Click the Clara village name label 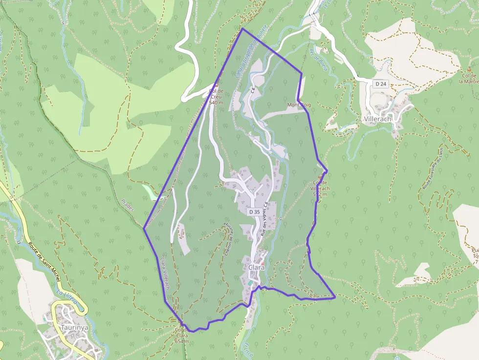[x=257, y=268]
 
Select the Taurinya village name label [x=74, y=327]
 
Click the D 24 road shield [x=381, y=84]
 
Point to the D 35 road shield [x=254, y=212]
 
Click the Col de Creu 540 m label [x=216, y=96]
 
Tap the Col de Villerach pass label [x=320, y=188]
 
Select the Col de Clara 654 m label [x=181, y=335]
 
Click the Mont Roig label [x=299, y=105]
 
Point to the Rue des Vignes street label [x=264, y=219]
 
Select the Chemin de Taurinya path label [x=228, y=239]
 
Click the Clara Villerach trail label [x=164, y=274]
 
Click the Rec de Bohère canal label [x=318, y=60]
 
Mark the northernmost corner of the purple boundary [x=242, y=29]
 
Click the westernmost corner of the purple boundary [x=144, y=228]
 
